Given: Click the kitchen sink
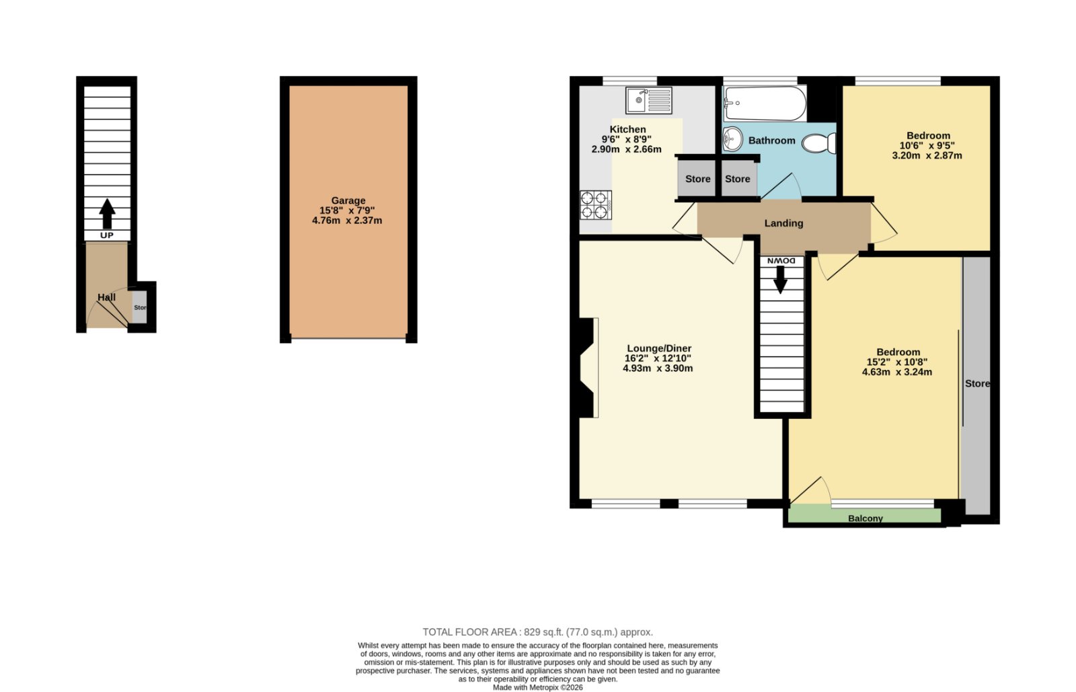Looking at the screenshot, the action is point(648,100).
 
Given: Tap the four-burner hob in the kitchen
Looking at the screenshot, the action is point(596,205).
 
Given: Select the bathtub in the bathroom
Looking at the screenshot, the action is point(765,104).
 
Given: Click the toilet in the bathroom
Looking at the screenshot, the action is point(819,143).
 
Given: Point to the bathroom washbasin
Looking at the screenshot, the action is point(732,139).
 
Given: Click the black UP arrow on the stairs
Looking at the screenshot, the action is point(107,214).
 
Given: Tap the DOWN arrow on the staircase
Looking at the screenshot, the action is point(780,280).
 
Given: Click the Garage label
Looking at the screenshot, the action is point(348,200).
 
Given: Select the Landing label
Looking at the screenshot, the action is point(784,223).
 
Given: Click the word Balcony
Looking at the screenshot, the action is point(866,518).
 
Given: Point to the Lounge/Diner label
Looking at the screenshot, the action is point(659,348).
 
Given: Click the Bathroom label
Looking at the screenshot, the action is point(772,141).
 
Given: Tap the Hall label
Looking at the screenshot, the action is point(107,297).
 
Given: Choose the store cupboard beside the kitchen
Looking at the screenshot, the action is point(697,178).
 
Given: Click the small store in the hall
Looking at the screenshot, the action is point(139,307).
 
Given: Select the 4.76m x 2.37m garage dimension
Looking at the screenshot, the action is point(347,221).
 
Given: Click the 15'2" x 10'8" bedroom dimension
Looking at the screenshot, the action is point(897,362).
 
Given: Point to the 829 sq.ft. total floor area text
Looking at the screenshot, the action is point(538,632).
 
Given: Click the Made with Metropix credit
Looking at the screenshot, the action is point(538,687).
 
